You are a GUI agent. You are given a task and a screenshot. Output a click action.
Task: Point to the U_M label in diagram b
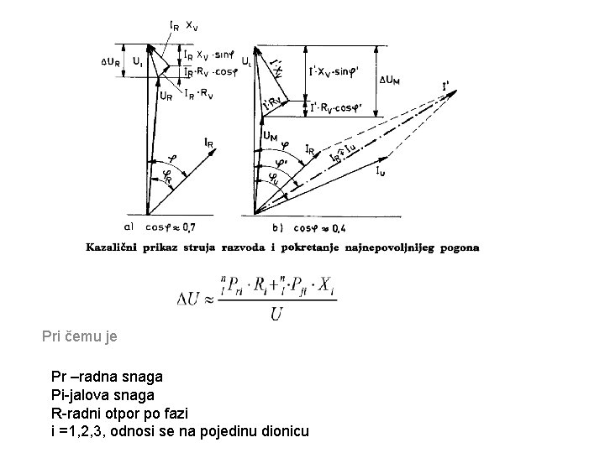[270, 134]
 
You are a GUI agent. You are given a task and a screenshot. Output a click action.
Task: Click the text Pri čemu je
[80, 337]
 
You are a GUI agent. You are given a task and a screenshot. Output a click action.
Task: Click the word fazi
[172, 412]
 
